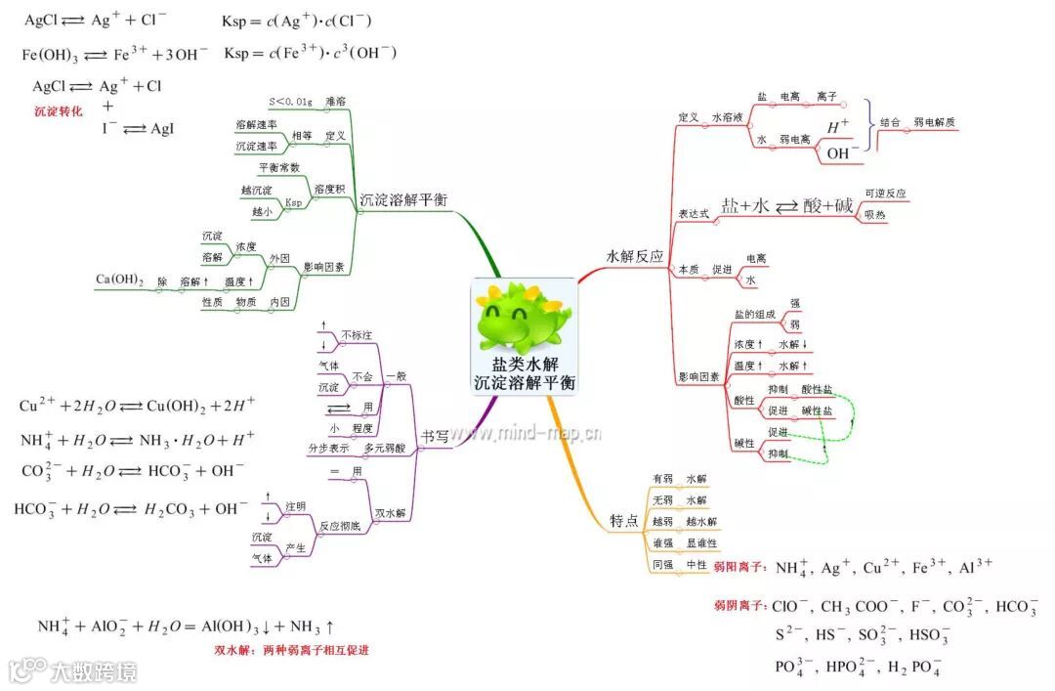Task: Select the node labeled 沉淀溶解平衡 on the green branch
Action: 403,199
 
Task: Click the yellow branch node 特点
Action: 624,519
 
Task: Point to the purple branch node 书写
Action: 436,437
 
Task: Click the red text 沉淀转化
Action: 59,111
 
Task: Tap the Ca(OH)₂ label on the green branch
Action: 119,281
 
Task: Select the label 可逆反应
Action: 885,194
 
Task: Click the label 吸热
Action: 875,215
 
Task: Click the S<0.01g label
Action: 290,102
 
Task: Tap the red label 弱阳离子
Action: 739,567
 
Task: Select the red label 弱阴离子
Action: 739,607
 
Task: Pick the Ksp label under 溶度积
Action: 293,203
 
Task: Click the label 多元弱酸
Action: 384,448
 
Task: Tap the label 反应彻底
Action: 341,527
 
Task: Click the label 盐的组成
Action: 754,315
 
